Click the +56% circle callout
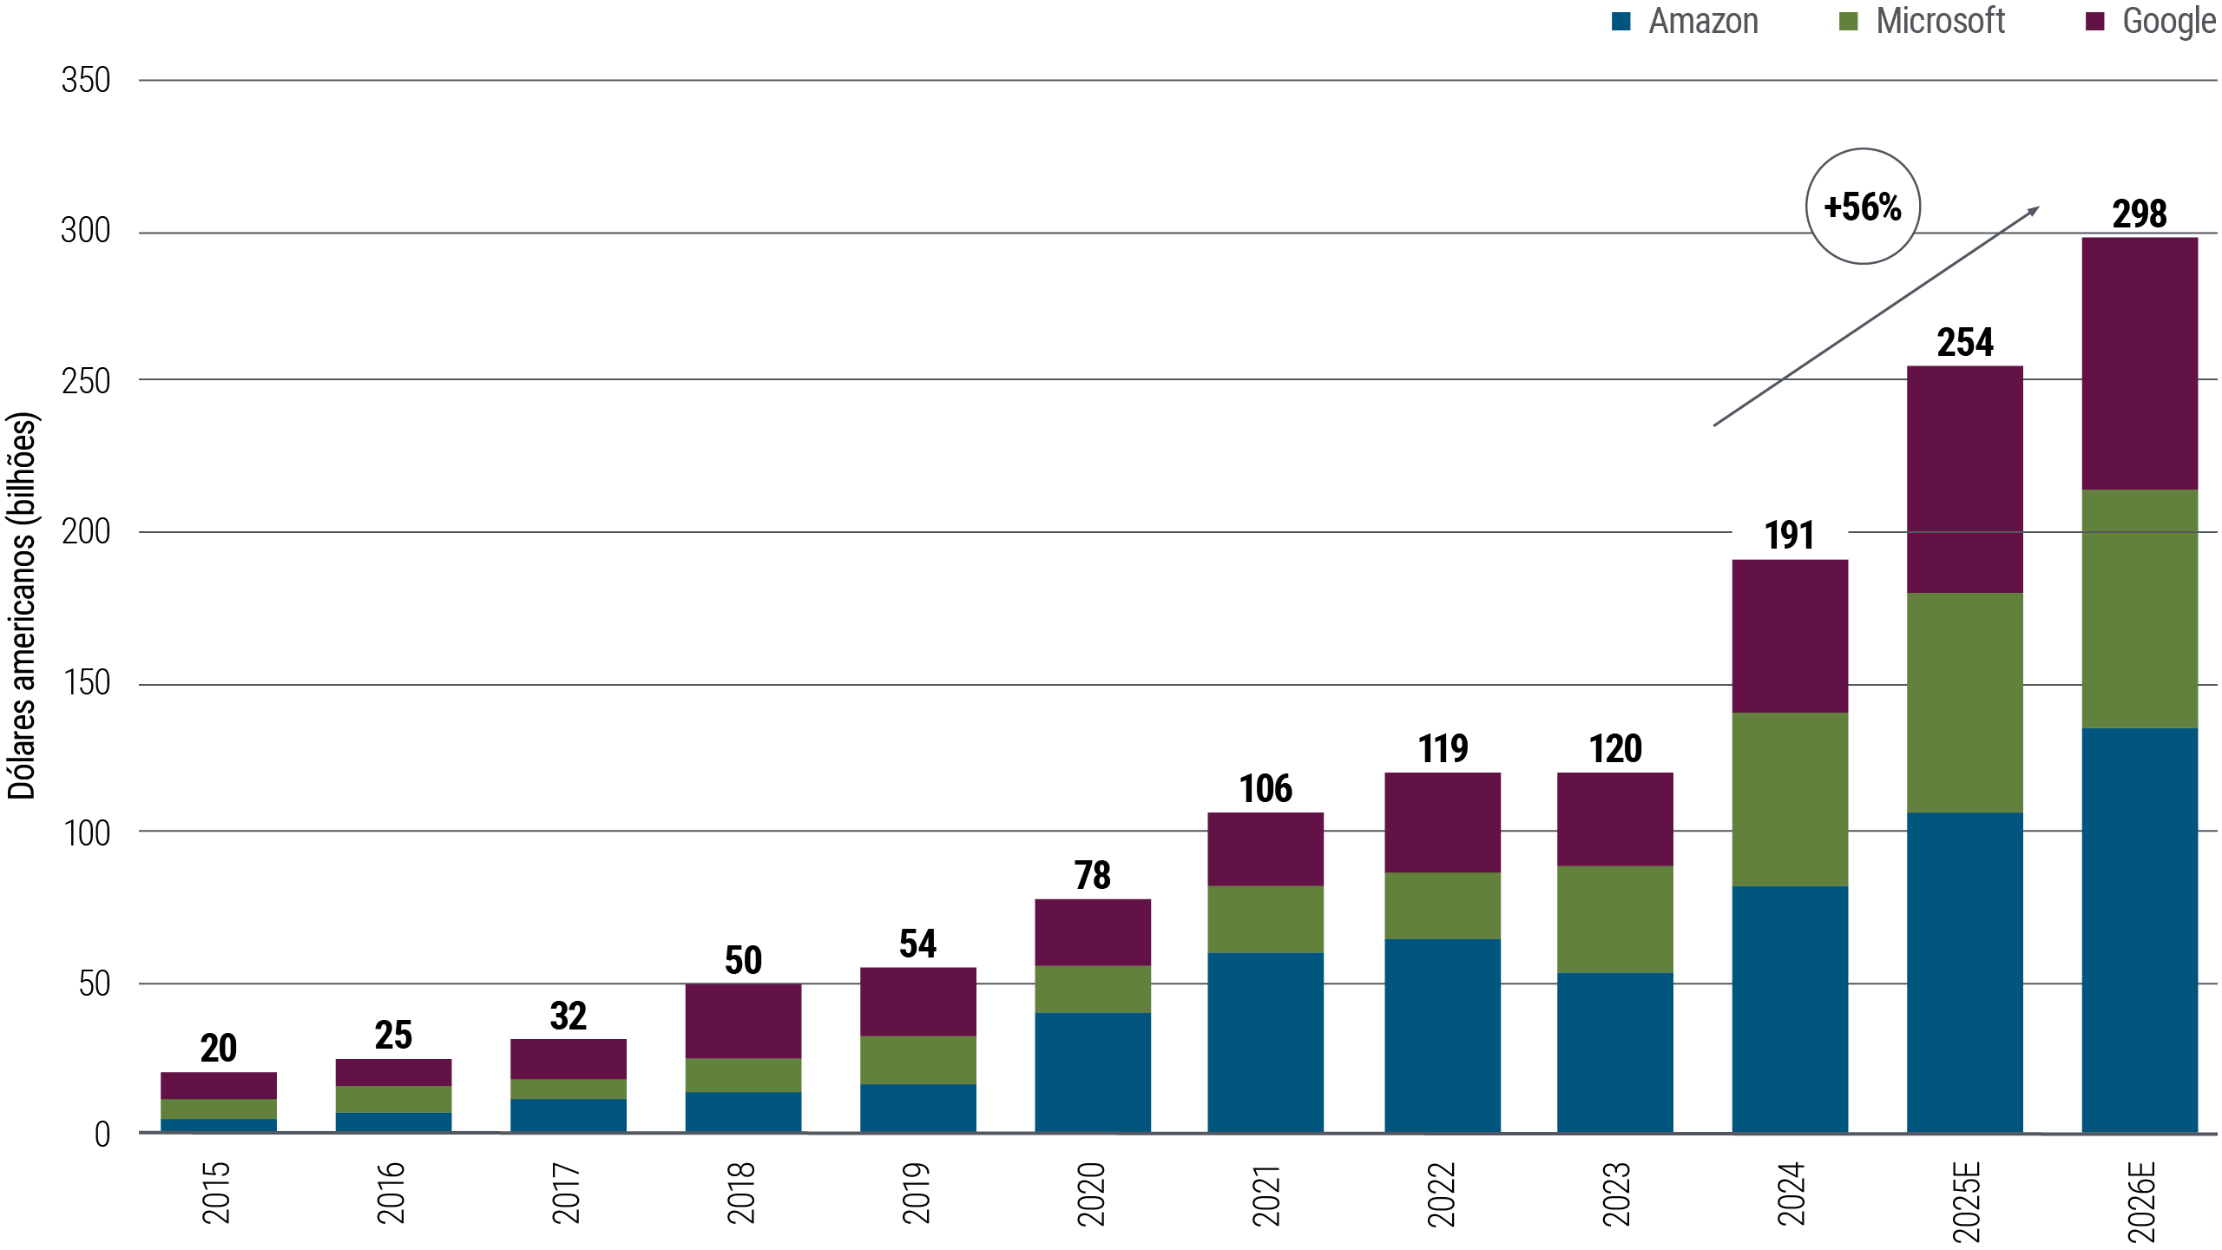(x=1863, y=207)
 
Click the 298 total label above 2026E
(x=2140, y=214)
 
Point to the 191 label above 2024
(x=1789, y=536)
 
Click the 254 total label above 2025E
(x=1965, y=343)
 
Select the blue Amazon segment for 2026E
(x=2140, y=929)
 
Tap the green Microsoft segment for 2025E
(x=1965, y=702)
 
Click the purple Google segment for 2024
(x=1789, y=635)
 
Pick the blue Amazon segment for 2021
(x=1265, y=1041)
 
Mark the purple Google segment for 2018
(x=743, y=1021)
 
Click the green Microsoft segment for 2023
(x=1615, y=918)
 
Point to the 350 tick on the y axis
(x=86, y=81)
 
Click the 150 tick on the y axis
(x=86, y=683)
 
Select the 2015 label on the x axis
(x=216, y=1193)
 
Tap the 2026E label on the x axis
(x=2140, y=1202)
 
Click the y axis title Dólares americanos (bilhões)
(x=22, y=605)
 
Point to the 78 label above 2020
(x=1092, y=875)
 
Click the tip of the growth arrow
(x=2037, y=207)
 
